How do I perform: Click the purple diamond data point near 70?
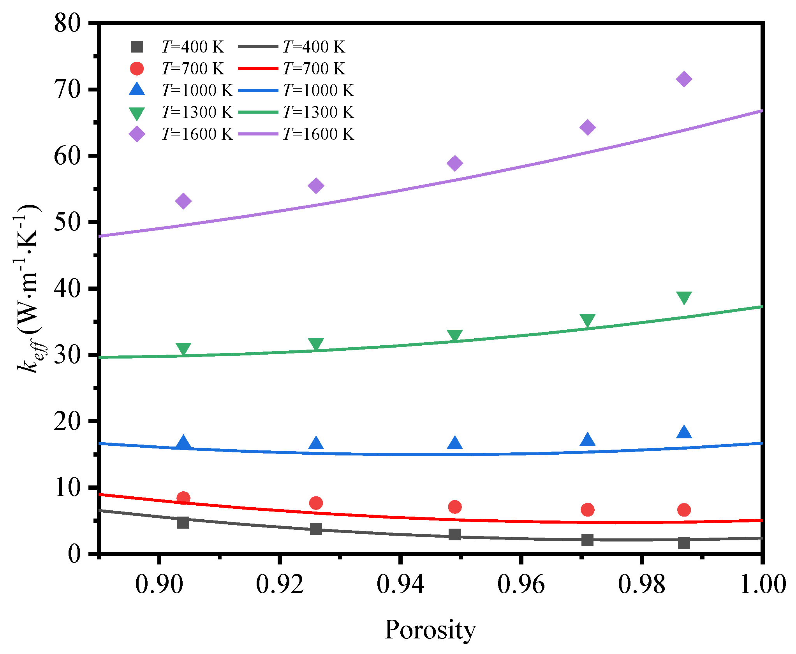click(684, 79)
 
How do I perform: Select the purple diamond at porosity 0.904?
click(183, 201)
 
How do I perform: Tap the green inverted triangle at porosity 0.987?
click(684, 297)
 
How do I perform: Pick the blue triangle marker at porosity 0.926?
click(316, 443)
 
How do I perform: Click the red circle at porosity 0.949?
click(455, 507)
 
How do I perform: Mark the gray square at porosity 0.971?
click(587, 540)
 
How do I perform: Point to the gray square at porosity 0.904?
click(183, 522)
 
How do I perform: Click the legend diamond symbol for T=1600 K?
click(137, 134)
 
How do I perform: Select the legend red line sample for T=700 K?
click(258, 69)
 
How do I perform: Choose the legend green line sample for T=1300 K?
click(258, 112)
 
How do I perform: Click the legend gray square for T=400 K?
click(137, 47)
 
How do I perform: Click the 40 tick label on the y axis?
click(67, 289)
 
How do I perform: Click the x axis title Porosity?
click(430, 629)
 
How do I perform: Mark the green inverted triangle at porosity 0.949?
click(455, 336)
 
